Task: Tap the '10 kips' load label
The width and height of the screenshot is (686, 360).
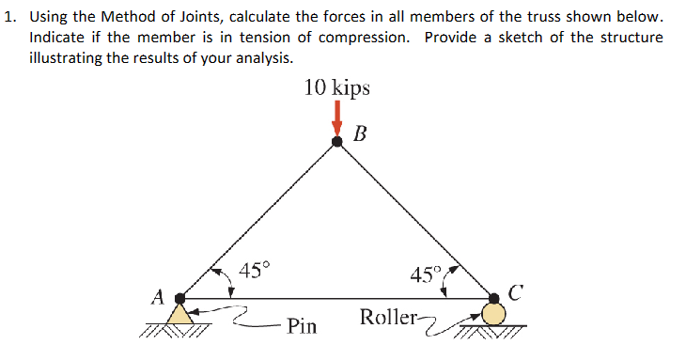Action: click(x=337, y=88)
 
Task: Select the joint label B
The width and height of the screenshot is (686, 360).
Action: click(x=361, y=133)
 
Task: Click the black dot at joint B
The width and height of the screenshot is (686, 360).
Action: click(x=337, y=142)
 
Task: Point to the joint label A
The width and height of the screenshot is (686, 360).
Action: click(x=158, y=296)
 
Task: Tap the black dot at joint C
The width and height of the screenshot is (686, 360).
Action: click(x=494, y=299)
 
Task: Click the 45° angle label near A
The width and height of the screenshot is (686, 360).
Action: click(x=253, y=272)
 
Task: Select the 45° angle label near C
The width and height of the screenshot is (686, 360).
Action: click(x=425, y=275)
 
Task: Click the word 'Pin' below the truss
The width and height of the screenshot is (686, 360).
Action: click(x=302, y=327)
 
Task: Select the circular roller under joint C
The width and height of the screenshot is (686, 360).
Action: click(x=494, y=314)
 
